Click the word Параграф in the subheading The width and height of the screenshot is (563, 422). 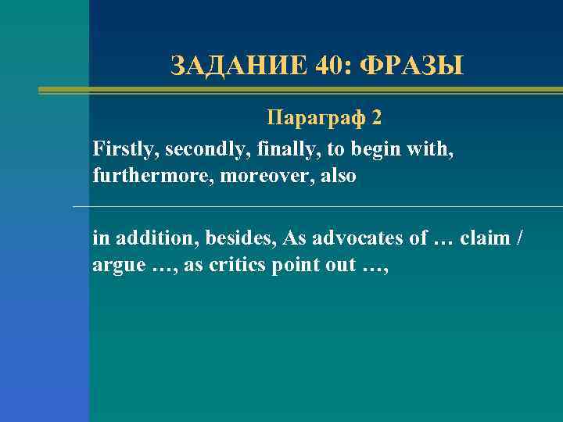317,118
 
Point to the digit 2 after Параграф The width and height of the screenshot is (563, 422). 378,118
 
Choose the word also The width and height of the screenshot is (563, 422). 336,177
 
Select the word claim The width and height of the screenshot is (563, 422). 485,238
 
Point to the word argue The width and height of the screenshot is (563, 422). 119,266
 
